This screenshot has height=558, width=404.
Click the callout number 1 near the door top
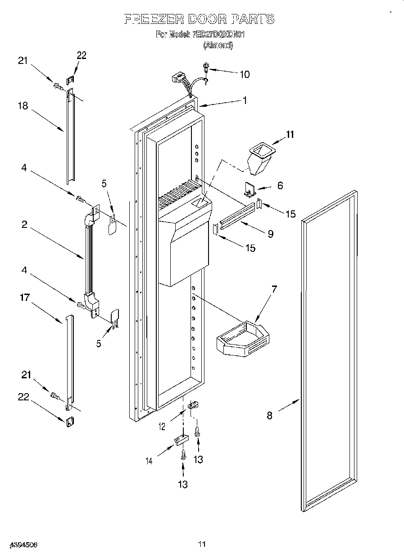245,101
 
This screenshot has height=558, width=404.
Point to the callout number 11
290,134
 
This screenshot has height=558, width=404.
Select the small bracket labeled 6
250,189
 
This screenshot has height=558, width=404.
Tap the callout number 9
270,234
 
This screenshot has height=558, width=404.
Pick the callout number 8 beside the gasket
269,416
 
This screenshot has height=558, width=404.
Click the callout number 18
23,106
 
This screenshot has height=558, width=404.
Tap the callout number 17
24,298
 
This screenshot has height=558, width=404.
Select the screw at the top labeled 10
206,67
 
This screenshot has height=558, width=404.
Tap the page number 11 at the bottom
202,544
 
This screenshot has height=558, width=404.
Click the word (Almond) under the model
218,45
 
